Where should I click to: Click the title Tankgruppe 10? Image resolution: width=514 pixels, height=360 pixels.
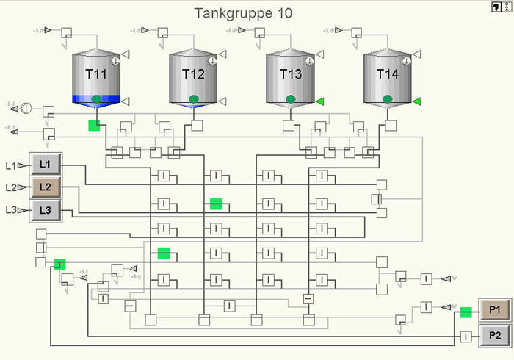tap(243, 14)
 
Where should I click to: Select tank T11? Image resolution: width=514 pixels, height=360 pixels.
tap(96, 75)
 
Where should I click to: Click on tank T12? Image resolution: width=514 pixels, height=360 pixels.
tap(193, 75)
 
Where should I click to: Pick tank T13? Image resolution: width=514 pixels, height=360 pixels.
tap(291, 75)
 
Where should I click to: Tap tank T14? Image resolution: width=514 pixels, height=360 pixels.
tap(388, 75)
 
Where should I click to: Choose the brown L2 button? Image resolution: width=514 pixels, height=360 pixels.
tap(46, 187)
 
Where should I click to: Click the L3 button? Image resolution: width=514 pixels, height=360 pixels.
tap(46, 211)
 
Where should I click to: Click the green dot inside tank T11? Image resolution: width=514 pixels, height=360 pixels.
tap(96, 99)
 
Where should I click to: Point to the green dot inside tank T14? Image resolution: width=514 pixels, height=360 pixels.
tap(388, 99)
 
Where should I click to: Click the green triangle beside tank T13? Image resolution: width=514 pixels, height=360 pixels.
tap(320, 101)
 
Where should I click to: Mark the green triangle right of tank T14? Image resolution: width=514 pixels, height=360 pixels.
tap(417, 101)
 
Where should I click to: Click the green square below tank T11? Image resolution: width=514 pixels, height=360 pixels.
tap(94, 126)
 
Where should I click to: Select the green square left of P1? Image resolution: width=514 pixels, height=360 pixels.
tap(466, 312)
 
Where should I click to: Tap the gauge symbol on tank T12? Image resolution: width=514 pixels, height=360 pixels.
tap(211, 62)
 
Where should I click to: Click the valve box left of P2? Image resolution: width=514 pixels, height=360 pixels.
tap(466, 336)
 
